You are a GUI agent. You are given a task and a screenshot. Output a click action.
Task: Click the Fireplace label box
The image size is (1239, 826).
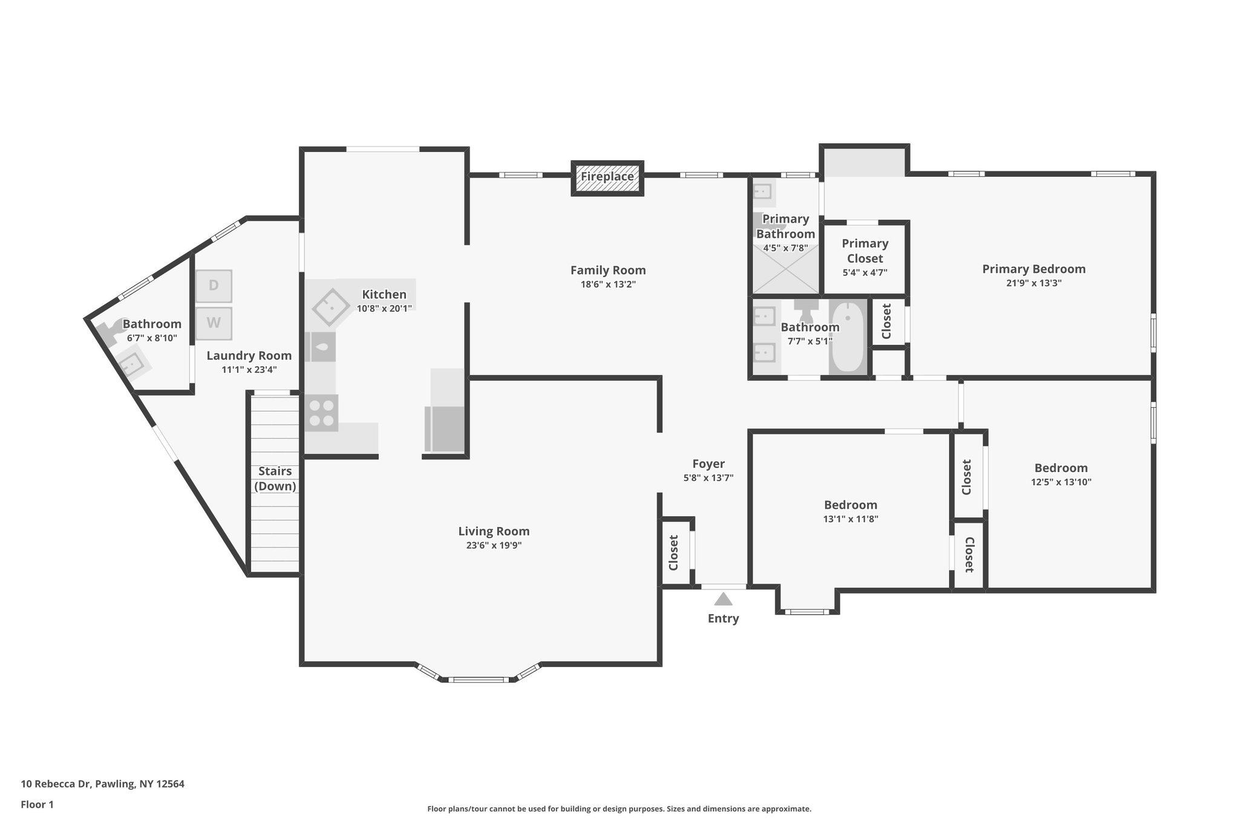point(607,178)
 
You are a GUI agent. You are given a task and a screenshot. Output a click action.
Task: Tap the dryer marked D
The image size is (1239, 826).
point(214,286)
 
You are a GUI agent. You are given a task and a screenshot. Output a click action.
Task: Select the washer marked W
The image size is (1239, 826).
point(214,323)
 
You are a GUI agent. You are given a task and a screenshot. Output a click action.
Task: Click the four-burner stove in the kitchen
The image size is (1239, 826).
point(321,413)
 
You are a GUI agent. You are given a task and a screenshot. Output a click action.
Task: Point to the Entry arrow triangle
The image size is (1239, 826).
point(723,599)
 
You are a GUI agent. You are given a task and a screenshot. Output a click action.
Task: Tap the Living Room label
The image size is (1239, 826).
point(494,531)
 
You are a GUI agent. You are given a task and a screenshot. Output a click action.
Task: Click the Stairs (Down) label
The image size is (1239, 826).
point(275,479)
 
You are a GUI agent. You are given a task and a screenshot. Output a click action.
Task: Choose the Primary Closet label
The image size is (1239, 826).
point(865,251)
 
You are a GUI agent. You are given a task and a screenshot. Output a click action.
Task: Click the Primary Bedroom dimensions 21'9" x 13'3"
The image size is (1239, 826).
point(1034,283)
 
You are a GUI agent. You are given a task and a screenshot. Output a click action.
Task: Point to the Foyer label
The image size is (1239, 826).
point(708,464)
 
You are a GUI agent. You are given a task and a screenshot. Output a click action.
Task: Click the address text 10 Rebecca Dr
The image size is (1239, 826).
point(56,784)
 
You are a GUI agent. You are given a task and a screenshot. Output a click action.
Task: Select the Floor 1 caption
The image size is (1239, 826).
point(37,804)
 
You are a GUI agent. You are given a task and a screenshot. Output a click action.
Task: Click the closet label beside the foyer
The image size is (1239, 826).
point(673,552)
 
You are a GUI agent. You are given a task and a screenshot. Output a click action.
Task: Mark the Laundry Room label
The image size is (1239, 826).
point(249,356)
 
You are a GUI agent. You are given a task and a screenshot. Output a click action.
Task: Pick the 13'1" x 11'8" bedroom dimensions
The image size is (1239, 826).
point(851,519)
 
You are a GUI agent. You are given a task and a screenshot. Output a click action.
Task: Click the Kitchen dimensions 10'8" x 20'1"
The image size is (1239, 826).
point(384,308)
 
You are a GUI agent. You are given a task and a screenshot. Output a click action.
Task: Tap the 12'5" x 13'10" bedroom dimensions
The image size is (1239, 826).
point(1061,482)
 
